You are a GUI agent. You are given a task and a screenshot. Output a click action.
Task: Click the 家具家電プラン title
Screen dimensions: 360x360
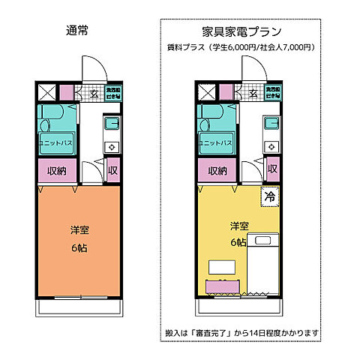[241, 32]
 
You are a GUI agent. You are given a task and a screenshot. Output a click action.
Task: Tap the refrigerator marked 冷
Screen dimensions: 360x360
[269, 198]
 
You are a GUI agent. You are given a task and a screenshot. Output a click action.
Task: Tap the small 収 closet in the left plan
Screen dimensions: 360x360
[112, 169]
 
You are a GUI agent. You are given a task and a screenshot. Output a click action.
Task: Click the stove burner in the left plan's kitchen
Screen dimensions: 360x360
[112, 147]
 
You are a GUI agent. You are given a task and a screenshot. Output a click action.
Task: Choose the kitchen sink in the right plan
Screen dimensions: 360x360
[271, 123]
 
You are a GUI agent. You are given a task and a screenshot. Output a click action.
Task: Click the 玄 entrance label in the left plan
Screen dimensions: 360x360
[94, 94]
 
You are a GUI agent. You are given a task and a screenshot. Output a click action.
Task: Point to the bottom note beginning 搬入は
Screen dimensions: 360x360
[241, 332]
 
